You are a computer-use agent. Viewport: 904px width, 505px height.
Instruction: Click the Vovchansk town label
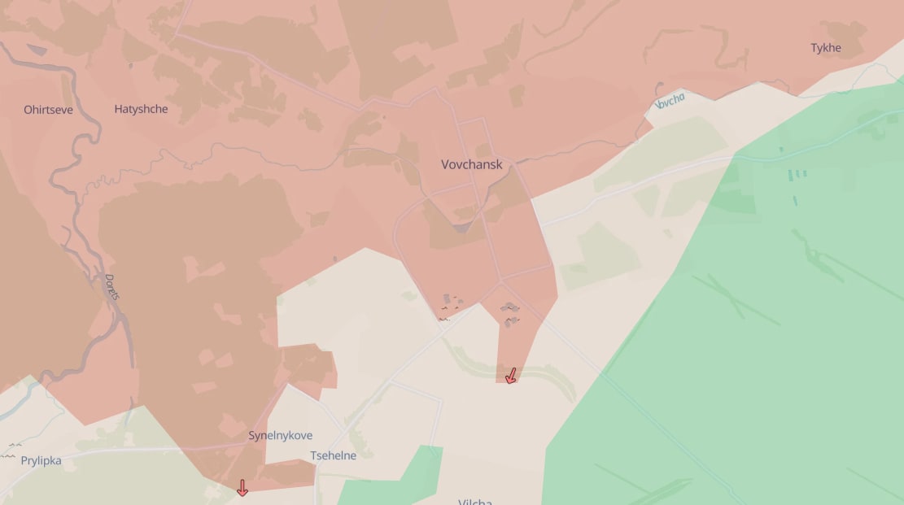click(471, 164)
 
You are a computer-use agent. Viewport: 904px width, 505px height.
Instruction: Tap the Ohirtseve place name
click(48, 109)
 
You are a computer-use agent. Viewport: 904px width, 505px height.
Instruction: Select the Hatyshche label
click(141, 109)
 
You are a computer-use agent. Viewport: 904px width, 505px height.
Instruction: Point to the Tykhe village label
click(826, 48)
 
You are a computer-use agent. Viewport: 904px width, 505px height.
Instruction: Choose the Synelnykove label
click(280, 436)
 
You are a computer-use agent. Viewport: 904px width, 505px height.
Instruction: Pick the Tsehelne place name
click(333, 455)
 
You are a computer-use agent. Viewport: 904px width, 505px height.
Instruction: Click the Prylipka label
click(41, 461)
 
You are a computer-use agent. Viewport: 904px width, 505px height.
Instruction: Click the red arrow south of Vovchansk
click(510, 376)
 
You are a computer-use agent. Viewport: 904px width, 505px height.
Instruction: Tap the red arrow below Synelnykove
click(242, 488)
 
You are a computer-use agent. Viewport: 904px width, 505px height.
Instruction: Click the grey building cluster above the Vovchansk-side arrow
click(510, 313)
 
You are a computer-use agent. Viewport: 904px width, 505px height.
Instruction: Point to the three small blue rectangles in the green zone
click(797, 174)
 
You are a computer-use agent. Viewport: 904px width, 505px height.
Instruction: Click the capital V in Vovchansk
click(446, 164)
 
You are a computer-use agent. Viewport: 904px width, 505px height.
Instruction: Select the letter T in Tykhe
click(814, 48)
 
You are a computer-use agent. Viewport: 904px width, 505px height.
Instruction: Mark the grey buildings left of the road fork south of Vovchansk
click(449, 305)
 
